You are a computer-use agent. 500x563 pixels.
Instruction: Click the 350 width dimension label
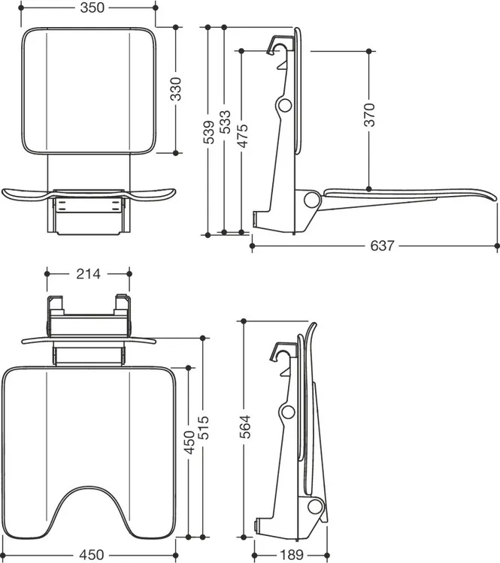coord(92,8)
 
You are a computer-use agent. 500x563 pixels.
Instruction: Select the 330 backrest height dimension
coord(175,89)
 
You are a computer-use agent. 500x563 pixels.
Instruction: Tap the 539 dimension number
coord(208,132)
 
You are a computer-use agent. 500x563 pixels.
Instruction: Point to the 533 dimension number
coord(225,122)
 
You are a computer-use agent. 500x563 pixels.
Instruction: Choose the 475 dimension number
coord(242,136)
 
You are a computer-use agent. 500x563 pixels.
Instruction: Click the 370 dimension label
coord(369,115)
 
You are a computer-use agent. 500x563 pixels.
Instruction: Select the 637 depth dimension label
coord(383,245)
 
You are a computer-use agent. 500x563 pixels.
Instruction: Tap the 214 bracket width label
coord(88,274)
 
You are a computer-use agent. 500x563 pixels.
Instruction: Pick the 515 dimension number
coord(204,427)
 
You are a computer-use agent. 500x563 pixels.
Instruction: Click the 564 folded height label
coord(244,426)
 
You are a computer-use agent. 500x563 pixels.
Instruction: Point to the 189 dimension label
coord(292,555)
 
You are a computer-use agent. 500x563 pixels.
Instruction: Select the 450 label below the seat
coord(92,555)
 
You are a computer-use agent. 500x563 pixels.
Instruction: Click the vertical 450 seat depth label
coord(189,442)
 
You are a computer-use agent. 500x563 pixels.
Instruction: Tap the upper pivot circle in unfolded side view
coord(284,105)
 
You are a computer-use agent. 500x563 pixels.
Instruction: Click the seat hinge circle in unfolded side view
coord(311,200)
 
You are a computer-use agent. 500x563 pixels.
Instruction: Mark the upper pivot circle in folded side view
coord(288,412)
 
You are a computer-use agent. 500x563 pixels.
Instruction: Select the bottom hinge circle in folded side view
coord(316,506)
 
